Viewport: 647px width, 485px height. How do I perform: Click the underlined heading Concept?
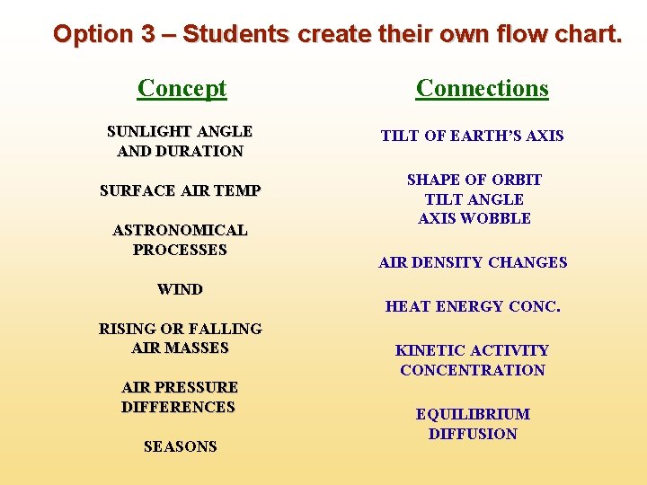tap(182, 88)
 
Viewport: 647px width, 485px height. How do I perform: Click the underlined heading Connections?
tap(482, 88)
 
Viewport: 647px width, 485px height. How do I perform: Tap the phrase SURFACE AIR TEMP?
tap(180, 190)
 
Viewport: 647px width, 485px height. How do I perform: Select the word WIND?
tap(180, 289)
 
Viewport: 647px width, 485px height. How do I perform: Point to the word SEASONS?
tap(180, 446)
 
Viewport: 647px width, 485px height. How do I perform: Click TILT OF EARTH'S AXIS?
tap(472, 136)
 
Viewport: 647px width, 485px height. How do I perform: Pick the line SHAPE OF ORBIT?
tap(474, 180)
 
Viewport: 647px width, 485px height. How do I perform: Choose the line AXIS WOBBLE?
tap(474, 218)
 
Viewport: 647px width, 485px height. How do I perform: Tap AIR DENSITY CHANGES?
tap(473, 262)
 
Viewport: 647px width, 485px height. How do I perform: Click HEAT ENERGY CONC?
tap(473, 306)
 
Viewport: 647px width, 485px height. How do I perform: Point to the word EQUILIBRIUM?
tap(473, 414)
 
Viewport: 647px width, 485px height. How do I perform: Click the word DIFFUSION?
tap(473, 434)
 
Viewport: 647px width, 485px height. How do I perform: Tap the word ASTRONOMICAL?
tap(180, 230)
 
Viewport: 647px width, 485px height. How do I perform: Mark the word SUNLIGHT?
tap(146, 131)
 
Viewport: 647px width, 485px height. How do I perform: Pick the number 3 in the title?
tap(148, 34)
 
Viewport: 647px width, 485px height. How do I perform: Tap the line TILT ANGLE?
tap(474, 199)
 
